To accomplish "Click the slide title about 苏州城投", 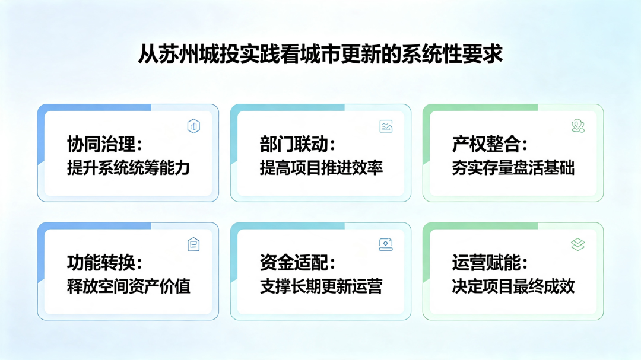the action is [320, 55].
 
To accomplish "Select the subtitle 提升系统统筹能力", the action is [129, 168].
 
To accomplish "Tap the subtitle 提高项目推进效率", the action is [321, 168].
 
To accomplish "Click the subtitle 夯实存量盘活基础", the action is [513, 168].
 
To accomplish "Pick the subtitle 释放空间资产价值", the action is [129, 286].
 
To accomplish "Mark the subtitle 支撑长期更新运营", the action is [321, 286].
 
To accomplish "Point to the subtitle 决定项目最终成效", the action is [513, 286].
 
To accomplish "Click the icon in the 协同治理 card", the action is [193, 126].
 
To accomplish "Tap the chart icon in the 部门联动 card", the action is [386, 126].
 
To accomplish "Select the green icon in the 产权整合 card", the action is [578, 126].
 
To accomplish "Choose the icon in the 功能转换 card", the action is [193, 244].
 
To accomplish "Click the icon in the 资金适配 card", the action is [386, 244].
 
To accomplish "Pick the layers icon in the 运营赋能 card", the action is [578, 244].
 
